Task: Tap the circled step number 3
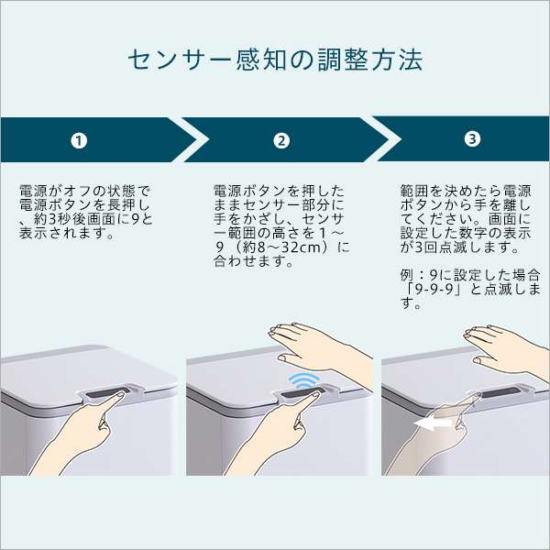[472, 139]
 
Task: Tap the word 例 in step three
[408, 276]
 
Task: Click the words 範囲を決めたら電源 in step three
[466, 192]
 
